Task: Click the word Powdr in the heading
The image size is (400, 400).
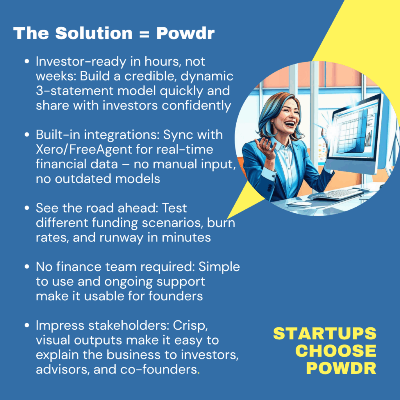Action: click(x=185, y=34)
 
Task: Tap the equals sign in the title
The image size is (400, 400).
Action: click(x=145, y=34)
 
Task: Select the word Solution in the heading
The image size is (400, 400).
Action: click(x=94, y=33)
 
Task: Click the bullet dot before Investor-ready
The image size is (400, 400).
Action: click(x=27, y=61)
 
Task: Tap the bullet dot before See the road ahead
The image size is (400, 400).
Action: click(x=27, y=208)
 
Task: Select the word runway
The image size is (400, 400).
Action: click(x=121, y=238)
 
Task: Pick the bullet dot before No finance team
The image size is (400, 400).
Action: click(x=27, y=267)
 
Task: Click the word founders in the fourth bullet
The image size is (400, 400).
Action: click(x=175, y=296)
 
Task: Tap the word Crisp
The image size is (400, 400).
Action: click(x=190, y=326)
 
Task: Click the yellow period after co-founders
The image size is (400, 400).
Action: click(x=198, y=373)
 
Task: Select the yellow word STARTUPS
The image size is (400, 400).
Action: click(x=325, y=333)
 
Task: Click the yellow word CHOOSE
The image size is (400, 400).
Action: click(x=336, y=351)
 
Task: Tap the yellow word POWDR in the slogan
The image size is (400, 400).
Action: click(x=341, y=368)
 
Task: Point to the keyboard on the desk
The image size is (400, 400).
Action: click(x=337, y=195)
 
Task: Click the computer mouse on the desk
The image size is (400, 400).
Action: click(x=299, y=204)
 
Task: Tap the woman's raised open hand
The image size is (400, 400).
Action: click(x=265, y=147)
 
